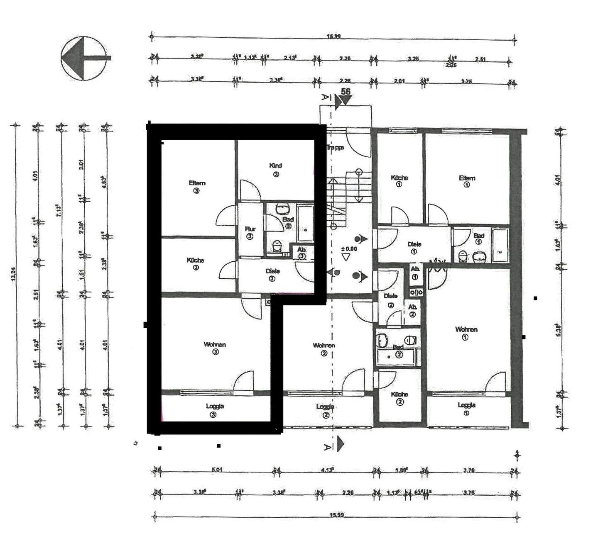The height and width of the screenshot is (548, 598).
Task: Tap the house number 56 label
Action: click(x=345, y=92)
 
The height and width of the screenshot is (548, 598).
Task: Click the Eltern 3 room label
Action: click(x=196, y=187)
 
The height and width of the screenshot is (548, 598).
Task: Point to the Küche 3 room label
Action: click(x=195, y=263)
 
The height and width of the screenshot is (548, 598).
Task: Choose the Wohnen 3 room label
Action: click(x=215, y=348)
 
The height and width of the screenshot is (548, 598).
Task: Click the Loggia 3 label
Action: click(x=215, y=410)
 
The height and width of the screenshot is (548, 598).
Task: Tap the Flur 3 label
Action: click(x=250, y=232)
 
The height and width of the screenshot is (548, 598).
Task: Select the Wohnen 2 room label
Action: click(x=324, y=349)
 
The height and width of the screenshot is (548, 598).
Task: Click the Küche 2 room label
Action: click(x=399, y=398)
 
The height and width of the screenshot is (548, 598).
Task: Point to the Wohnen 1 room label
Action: click(x=466, y=333)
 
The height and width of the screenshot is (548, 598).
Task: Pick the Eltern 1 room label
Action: click(x=467, y=181)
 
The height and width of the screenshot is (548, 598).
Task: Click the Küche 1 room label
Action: click(x=399, y=181)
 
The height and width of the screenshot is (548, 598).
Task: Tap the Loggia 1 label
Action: click(x=466, y=408)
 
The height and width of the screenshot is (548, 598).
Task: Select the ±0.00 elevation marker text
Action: click(x=348, y=249)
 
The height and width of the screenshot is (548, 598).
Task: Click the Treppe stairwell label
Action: click(x=335, y=147)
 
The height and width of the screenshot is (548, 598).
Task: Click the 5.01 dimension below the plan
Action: click(x=217, y=470)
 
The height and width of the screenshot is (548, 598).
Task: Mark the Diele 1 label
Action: click(x=414, y=248)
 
